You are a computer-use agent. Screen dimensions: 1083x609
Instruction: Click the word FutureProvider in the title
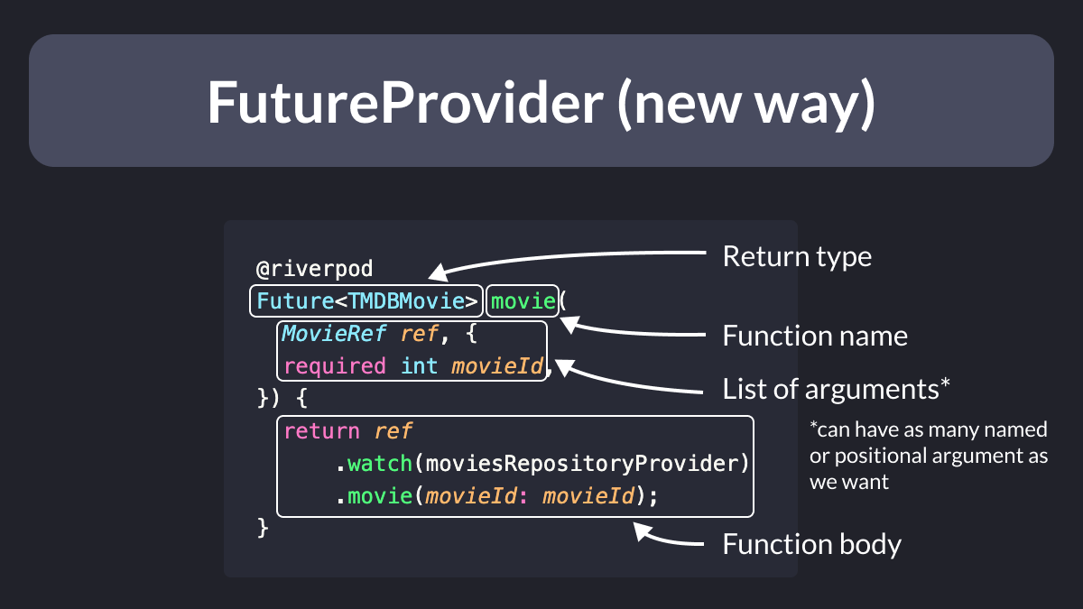(405, 103)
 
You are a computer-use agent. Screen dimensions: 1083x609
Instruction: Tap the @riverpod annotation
(314, 269)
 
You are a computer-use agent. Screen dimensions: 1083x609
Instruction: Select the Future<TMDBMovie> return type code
(367, 301)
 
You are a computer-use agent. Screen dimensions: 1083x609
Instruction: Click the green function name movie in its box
(523, 301)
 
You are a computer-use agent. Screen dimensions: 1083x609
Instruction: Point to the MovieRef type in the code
(334, 334)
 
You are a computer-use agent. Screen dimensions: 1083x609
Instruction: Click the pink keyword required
(335, 366)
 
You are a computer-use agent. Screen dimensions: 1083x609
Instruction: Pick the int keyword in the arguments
(419, 366)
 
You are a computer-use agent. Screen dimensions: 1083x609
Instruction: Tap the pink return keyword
(321, 431)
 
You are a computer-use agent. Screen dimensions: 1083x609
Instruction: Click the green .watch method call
(375, 464)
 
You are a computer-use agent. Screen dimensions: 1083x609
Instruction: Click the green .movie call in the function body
(375, 496)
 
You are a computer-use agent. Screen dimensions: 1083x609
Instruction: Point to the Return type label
(797, 256)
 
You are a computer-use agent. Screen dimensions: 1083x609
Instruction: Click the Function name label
(815, 336)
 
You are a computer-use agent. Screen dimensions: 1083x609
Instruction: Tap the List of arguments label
(836, 389)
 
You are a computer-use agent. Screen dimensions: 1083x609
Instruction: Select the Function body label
(811, 544)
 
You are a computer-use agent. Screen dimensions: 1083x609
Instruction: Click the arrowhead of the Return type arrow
(438, 273)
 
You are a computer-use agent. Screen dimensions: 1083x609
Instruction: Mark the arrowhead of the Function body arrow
(643, 531)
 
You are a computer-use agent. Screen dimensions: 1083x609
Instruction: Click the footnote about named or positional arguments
(929, 456)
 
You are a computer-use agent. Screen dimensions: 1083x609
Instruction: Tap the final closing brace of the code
(263, 528)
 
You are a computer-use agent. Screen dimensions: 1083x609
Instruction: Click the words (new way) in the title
(746, 104)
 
